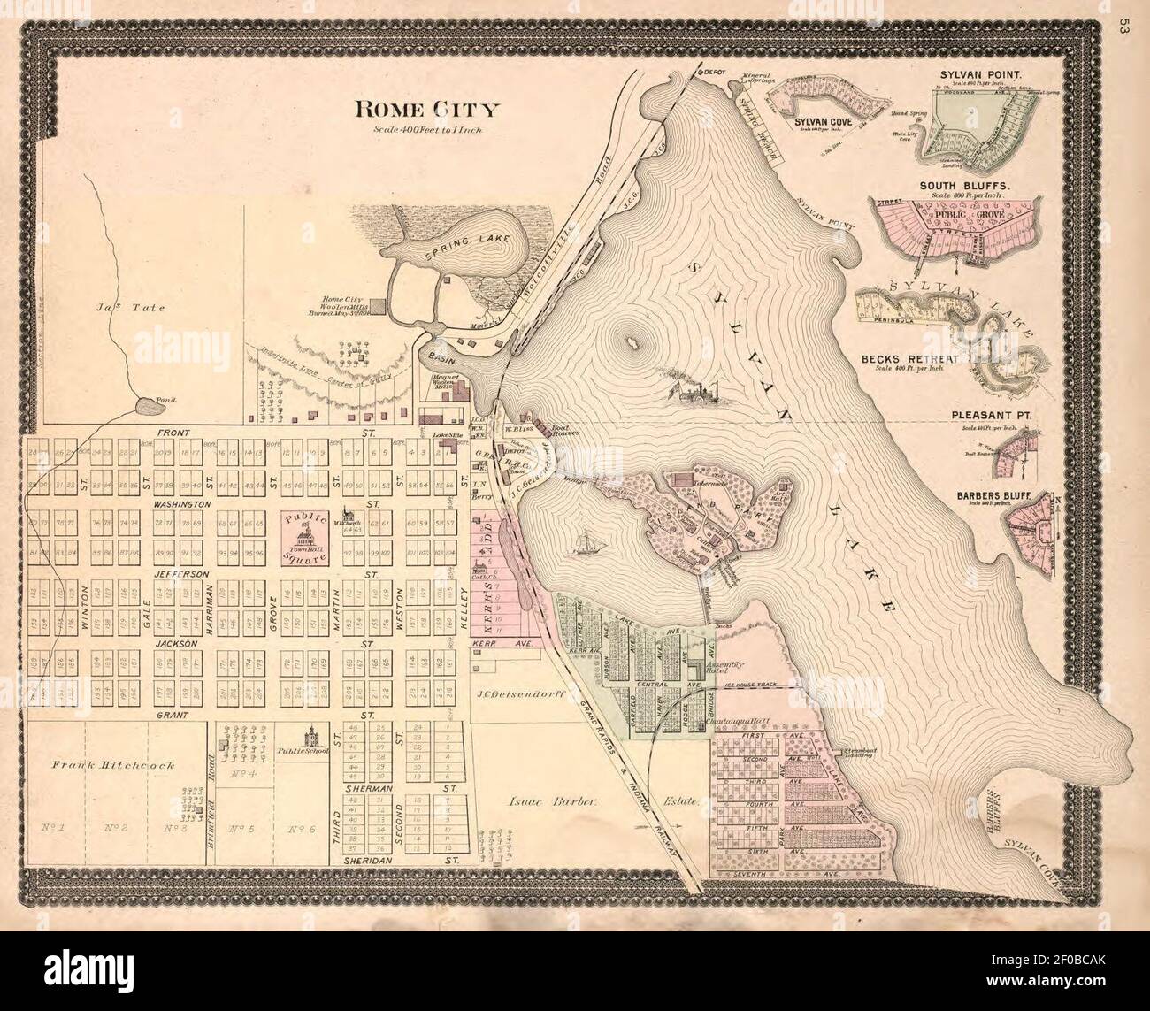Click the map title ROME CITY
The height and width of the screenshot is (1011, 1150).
point(427,111)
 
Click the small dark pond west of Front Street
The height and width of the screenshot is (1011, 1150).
point(147,407)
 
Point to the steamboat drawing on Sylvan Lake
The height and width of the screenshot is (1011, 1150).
point(695,392)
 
